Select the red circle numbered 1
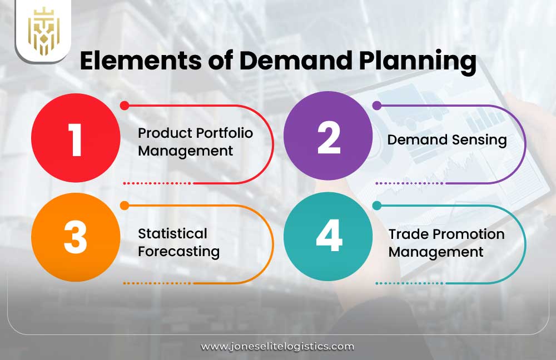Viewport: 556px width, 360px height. tap(76, 138)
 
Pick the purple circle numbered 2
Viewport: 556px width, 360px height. tap(328, 138)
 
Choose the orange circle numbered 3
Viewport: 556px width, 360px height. tap(76, 238)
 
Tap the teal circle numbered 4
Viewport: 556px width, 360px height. tap(328, 238)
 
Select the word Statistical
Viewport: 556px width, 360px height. tap(172, 233)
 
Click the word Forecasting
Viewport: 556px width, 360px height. tap(178, 251)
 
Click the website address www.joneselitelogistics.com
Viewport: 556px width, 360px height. tap(277, 346)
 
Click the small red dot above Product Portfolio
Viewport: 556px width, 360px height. tap(125, 105)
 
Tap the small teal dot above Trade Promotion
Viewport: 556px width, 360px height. tap(376, 206)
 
